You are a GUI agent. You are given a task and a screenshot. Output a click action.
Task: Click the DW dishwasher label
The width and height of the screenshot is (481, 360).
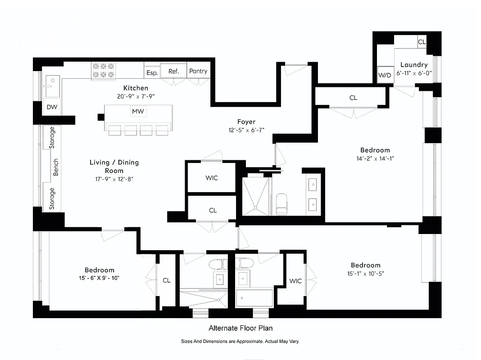52,107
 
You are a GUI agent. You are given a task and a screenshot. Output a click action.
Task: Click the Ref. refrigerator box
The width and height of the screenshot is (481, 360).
174,71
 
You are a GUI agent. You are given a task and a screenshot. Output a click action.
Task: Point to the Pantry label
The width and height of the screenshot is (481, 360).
198,71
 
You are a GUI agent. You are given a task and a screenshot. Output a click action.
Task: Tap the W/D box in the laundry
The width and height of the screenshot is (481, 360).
385,75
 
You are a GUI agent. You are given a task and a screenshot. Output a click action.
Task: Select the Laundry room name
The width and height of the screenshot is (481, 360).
413,65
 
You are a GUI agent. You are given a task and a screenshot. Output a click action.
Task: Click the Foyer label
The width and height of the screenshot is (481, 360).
246,122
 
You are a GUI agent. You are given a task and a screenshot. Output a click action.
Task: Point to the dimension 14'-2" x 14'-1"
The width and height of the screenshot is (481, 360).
375,158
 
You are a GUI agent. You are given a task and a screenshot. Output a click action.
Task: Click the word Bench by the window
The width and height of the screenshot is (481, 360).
56,167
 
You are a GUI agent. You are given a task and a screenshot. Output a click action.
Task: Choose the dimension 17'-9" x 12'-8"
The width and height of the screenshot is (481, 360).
114,179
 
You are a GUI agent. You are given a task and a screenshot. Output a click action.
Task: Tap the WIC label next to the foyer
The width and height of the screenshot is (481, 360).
212,178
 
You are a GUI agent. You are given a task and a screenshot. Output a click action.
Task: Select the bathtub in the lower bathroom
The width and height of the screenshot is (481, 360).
255,297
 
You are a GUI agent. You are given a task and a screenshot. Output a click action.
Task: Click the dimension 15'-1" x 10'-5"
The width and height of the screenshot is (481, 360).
365,273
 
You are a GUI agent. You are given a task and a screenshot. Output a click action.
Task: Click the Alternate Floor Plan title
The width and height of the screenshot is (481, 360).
240,328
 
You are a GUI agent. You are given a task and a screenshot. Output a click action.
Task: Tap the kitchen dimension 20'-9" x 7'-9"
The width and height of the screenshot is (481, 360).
136,96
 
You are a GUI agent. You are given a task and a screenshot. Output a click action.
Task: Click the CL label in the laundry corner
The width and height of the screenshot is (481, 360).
422,42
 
